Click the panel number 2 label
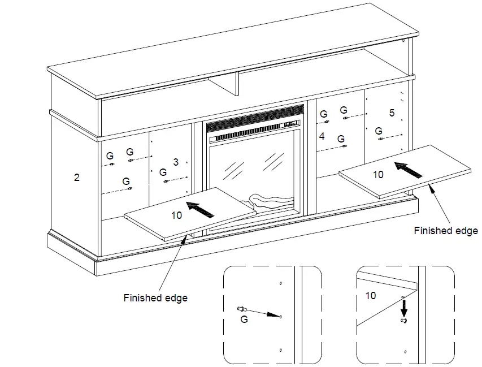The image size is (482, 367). [77, 178]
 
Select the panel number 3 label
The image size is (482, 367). [176, 162]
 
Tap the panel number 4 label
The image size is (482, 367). [322, 136]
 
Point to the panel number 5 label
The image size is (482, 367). [392, 113]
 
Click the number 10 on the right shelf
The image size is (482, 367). [378, 175]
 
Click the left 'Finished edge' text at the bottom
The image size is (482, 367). [155, 298]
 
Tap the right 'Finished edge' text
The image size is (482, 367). [445, 231]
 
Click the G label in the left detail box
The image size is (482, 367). [244, 319]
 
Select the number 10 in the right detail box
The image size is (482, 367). [371, 295]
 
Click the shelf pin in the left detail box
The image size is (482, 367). [242, 309]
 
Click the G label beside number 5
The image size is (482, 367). [378, 131]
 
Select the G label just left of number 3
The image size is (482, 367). [163, 172]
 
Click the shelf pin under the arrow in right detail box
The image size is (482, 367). [403, 321]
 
